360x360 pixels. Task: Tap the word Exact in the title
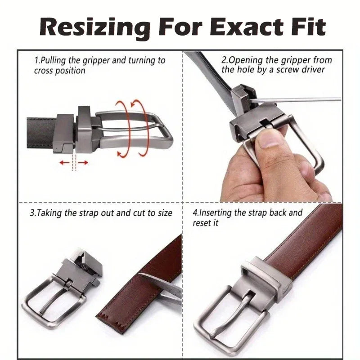pos(247,27)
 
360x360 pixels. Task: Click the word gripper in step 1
pos(96,61)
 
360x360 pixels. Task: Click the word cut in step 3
pos(139,213)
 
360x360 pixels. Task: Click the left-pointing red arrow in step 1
pos(64,163)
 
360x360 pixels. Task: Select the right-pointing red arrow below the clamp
pos(83,163)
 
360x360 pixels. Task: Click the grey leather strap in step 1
pos(41,133)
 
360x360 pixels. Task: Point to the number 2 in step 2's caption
pos(224,60)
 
